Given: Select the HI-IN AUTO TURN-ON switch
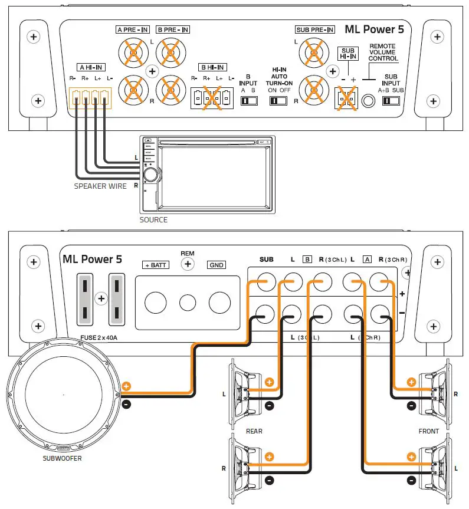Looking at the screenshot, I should [x=278, y=101].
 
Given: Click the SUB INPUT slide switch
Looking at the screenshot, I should [x=391, y=101].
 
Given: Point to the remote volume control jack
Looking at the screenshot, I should [x=369, y=101].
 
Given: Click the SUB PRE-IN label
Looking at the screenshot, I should [x=314, y=29].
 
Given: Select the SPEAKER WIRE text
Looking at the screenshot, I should [x=100, y=186].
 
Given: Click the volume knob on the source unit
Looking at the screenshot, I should [x=151, y=174].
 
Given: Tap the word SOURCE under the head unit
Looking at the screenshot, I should [x=153, y=220].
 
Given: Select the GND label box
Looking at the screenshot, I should [x=217, y=265].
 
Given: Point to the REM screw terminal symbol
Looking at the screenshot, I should [x=188, y=264].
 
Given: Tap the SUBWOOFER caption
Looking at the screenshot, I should [x=62, y=458].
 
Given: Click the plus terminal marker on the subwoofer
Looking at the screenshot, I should [x=126, y=388].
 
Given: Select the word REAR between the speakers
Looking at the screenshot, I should [x=254, y=431].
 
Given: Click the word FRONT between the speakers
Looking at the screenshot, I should [x=428, y=431].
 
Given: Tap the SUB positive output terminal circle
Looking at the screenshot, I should [x=265, y=282].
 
